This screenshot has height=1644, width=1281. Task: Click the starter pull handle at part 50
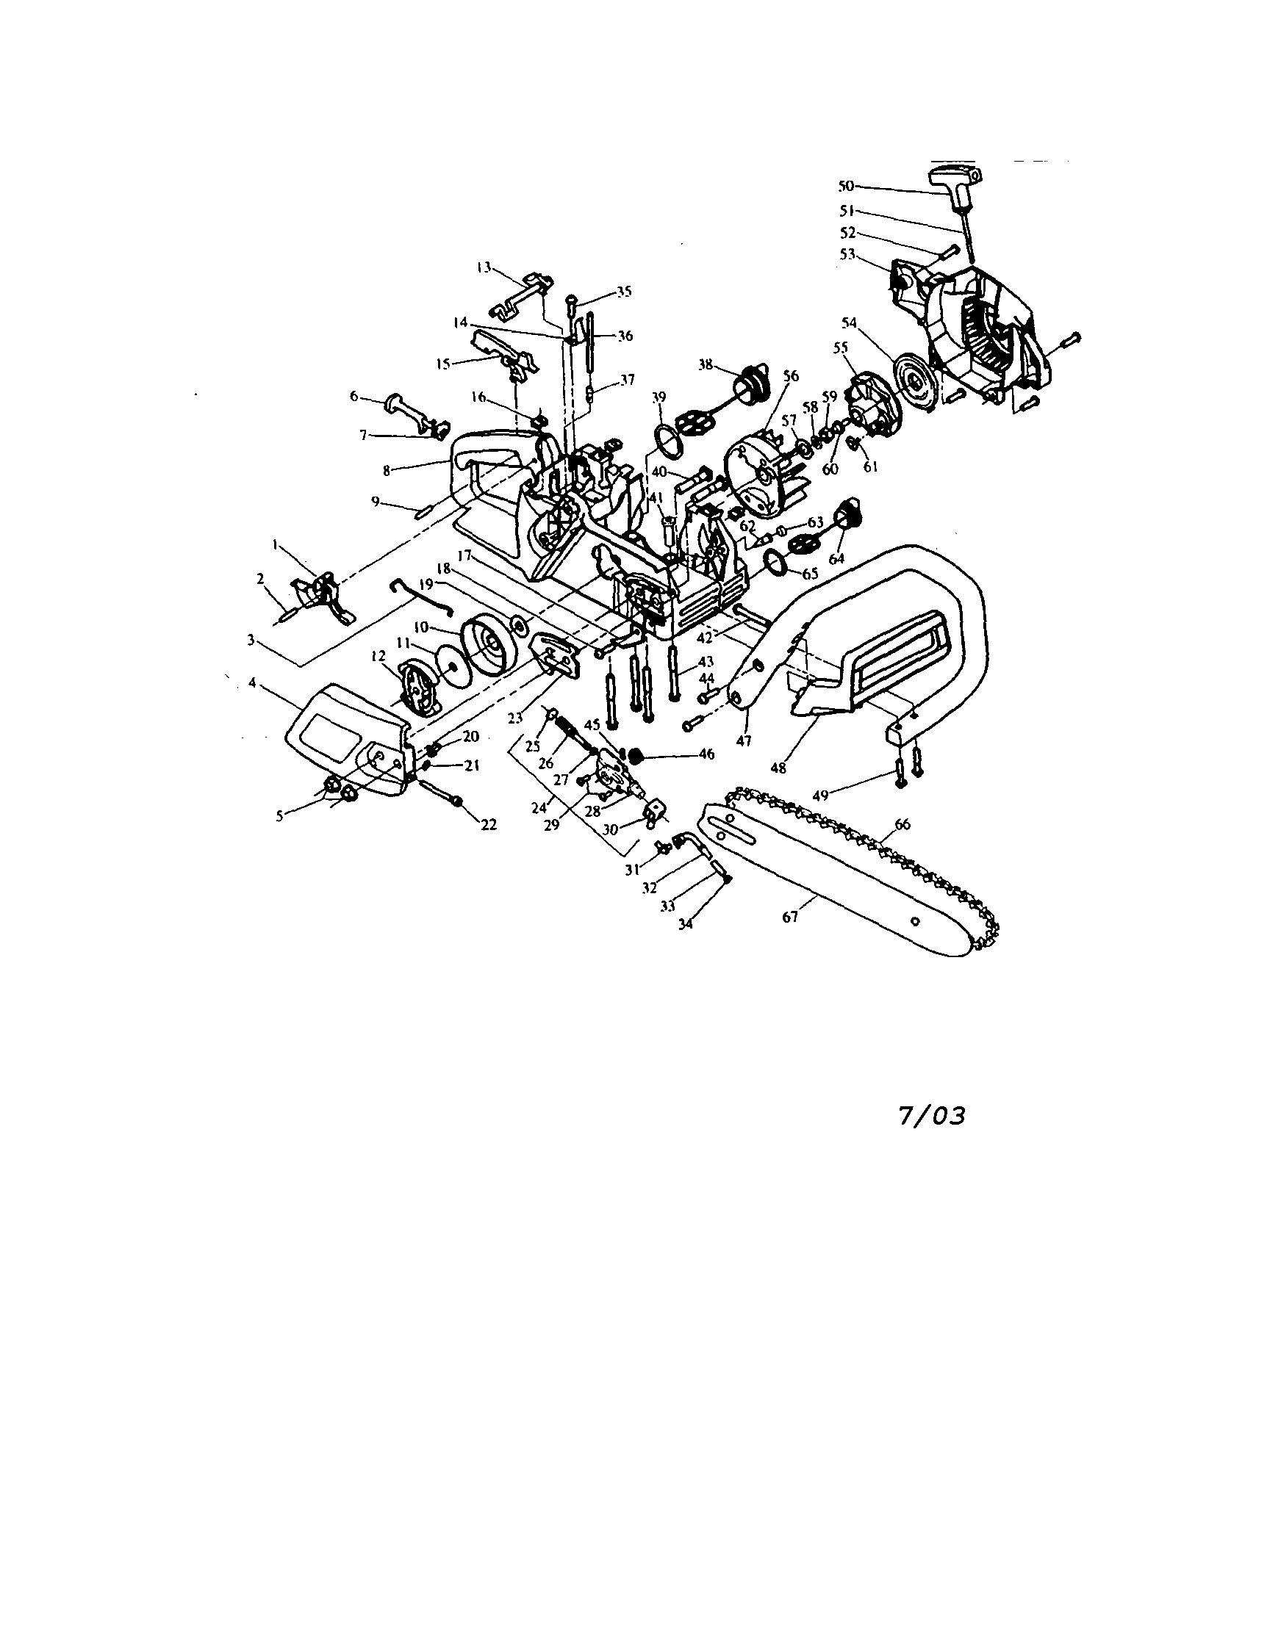coord(956,184)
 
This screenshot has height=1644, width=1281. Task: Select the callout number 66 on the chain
coord(903,824)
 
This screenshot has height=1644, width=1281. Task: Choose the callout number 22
coord(489,824)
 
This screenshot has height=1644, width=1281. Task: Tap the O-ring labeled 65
coord(775,560)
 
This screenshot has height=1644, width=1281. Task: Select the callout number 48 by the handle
coord(778,768)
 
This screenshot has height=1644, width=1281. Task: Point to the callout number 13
coord(484,267)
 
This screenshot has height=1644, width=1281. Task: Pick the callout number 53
coord(848,254)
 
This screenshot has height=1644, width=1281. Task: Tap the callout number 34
coord(684,924)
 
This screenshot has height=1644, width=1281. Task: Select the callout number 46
coord(706,754)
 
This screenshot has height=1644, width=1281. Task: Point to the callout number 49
coord(821,794)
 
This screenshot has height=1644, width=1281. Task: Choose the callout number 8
coord(387,470)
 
